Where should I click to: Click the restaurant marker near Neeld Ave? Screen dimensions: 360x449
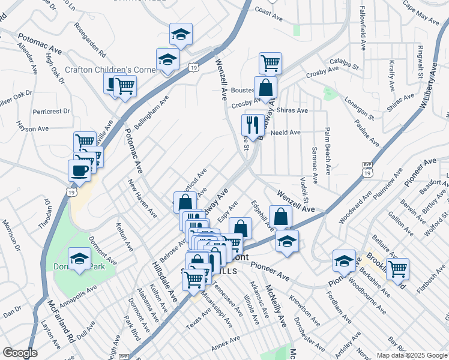[250, 125]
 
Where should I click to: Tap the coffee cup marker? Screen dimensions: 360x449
[80, 170]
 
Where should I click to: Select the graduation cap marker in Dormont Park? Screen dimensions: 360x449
[79, 259]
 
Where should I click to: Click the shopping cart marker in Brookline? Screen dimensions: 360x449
[397, 268]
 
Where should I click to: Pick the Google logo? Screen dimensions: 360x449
[20, 353]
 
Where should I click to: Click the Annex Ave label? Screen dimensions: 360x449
[225, 347]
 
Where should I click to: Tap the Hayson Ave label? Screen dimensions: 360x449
[32, 128]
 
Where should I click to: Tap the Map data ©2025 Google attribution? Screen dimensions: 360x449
[411, 355]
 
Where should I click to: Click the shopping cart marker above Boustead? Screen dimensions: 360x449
[270, 62]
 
